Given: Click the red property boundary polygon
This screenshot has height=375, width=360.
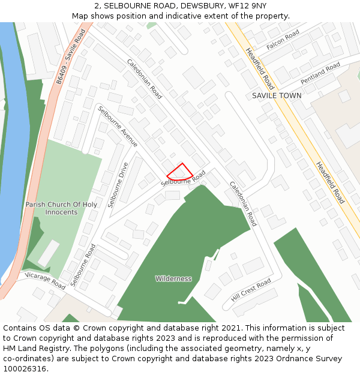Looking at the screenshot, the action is pyautogui.click(x=181, y=172).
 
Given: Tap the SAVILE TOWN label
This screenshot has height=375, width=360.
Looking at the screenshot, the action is pyautogui.click(x=277, y=95).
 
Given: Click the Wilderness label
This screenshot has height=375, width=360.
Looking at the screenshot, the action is pyautogui.click(x=173, y=278).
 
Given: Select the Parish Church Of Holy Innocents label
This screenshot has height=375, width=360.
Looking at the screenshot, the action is pyautogui.click(x=61, y=208).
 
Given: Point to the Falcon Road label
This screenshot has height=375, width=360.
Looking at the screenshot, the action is pyautogui.click(x=283, y=40).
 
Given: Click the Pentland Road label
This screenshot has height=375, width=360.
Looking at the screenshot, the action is pyautogui.click(x=320, y=73).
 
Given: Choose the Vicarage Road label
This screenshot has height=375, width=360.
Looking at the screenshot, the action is pyautogui.click(x=45, y=280).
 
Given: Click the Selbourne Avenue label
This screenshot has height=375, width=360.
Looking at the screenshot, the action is pyautogui.click(x=118, y=127).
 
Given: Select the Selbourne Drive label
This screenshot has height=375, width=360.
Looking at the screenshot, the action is pyautogui.click(x=118, y=185).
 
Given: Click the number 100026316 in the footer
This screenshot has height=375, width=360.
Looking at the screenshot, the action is pyautogui.click(x=24, y=369).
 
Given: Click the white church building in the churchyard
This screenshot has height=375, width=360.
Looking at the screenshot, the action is pyautogui.click(x=49, y=253).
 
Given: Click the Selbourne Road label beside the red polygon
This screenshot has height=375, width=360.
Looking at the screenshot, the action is pyautogui.click(x=183, y=178).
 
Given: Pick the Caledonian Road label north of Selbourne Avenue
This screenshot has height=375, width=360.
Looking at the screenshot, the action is pyautogui.click(x=145, y=79).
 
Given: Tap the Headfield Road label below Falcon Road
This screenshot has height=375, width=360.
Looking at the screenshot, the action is pyautogui.click(x=260, y=68).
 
